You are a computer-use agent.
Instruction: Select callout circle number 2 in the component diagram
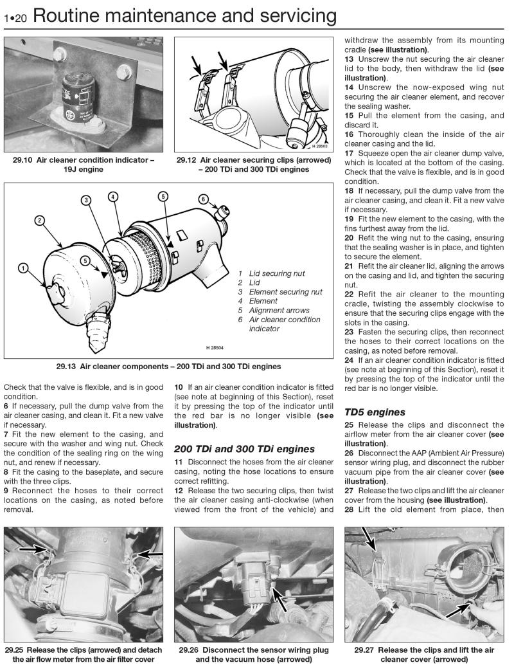(x=40, y=221)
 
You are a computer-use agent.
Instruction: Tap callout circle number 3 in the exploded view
(x=87, y=199)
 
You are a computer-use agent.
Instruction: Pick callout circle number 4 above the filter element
(x=112, y=195)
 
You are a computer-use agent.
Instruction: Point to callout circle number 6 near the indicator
(x=203, y=199)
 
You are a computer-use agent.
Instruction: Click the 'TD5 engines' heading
(x=375, y=412)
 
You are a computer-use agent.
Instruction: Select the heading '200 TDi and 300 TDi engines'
(x=244, y=448)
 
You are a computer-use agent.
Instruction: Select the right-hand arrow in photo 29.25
(x=150, y=553)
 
